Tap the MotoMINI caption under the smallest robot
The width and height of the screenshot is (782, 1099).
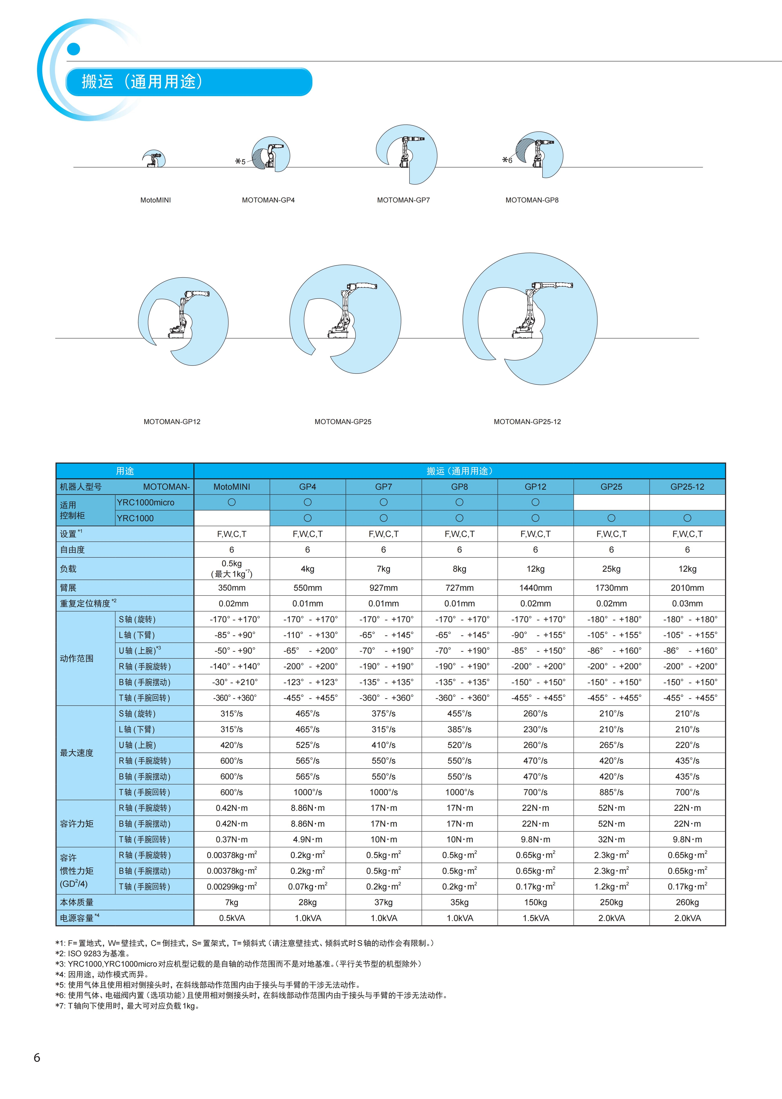[x=155, y=200]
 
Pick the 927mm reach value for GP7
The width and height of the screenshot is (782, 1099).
[x=383, y=588]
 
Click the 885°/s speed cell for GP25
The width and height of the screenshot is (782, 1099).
[x=611, y=792]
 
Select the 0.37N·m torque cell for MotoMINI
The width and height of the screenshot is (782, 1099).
[x=232, y=839]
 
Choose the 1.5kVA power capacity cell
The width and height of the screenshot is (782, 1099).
[x=535, y=918]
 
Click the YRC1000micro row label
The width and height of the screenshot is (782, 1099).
[x=146, y=502]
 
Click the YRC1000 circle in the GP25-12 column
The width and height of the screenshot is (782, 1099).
[x=687, y=518]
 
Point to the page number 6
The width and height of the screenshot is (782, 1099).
[x=37, y=1058]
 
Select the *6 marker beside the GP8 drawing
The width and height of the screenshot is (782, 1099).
[x=507, y=160]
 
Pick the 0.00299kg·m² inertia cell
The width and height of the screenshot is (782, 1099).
[x=232, y=886]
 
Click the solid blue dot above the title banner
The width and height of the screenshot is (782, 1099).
[x=74, y=49]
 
